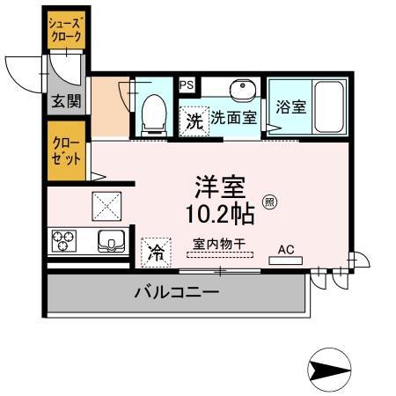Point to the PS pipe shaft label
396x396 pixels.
186,84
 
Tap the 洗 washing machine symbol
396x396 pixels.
193,121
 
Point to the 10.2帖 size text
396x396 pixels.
220,212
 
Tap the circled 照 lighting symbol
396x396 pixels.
270,202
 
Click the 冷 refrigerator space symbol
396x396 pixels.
154,253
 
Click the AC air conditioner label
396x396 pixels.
286,250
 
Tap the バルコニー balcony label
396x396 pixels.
176,292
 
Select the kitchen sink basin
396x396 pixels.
112,240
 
